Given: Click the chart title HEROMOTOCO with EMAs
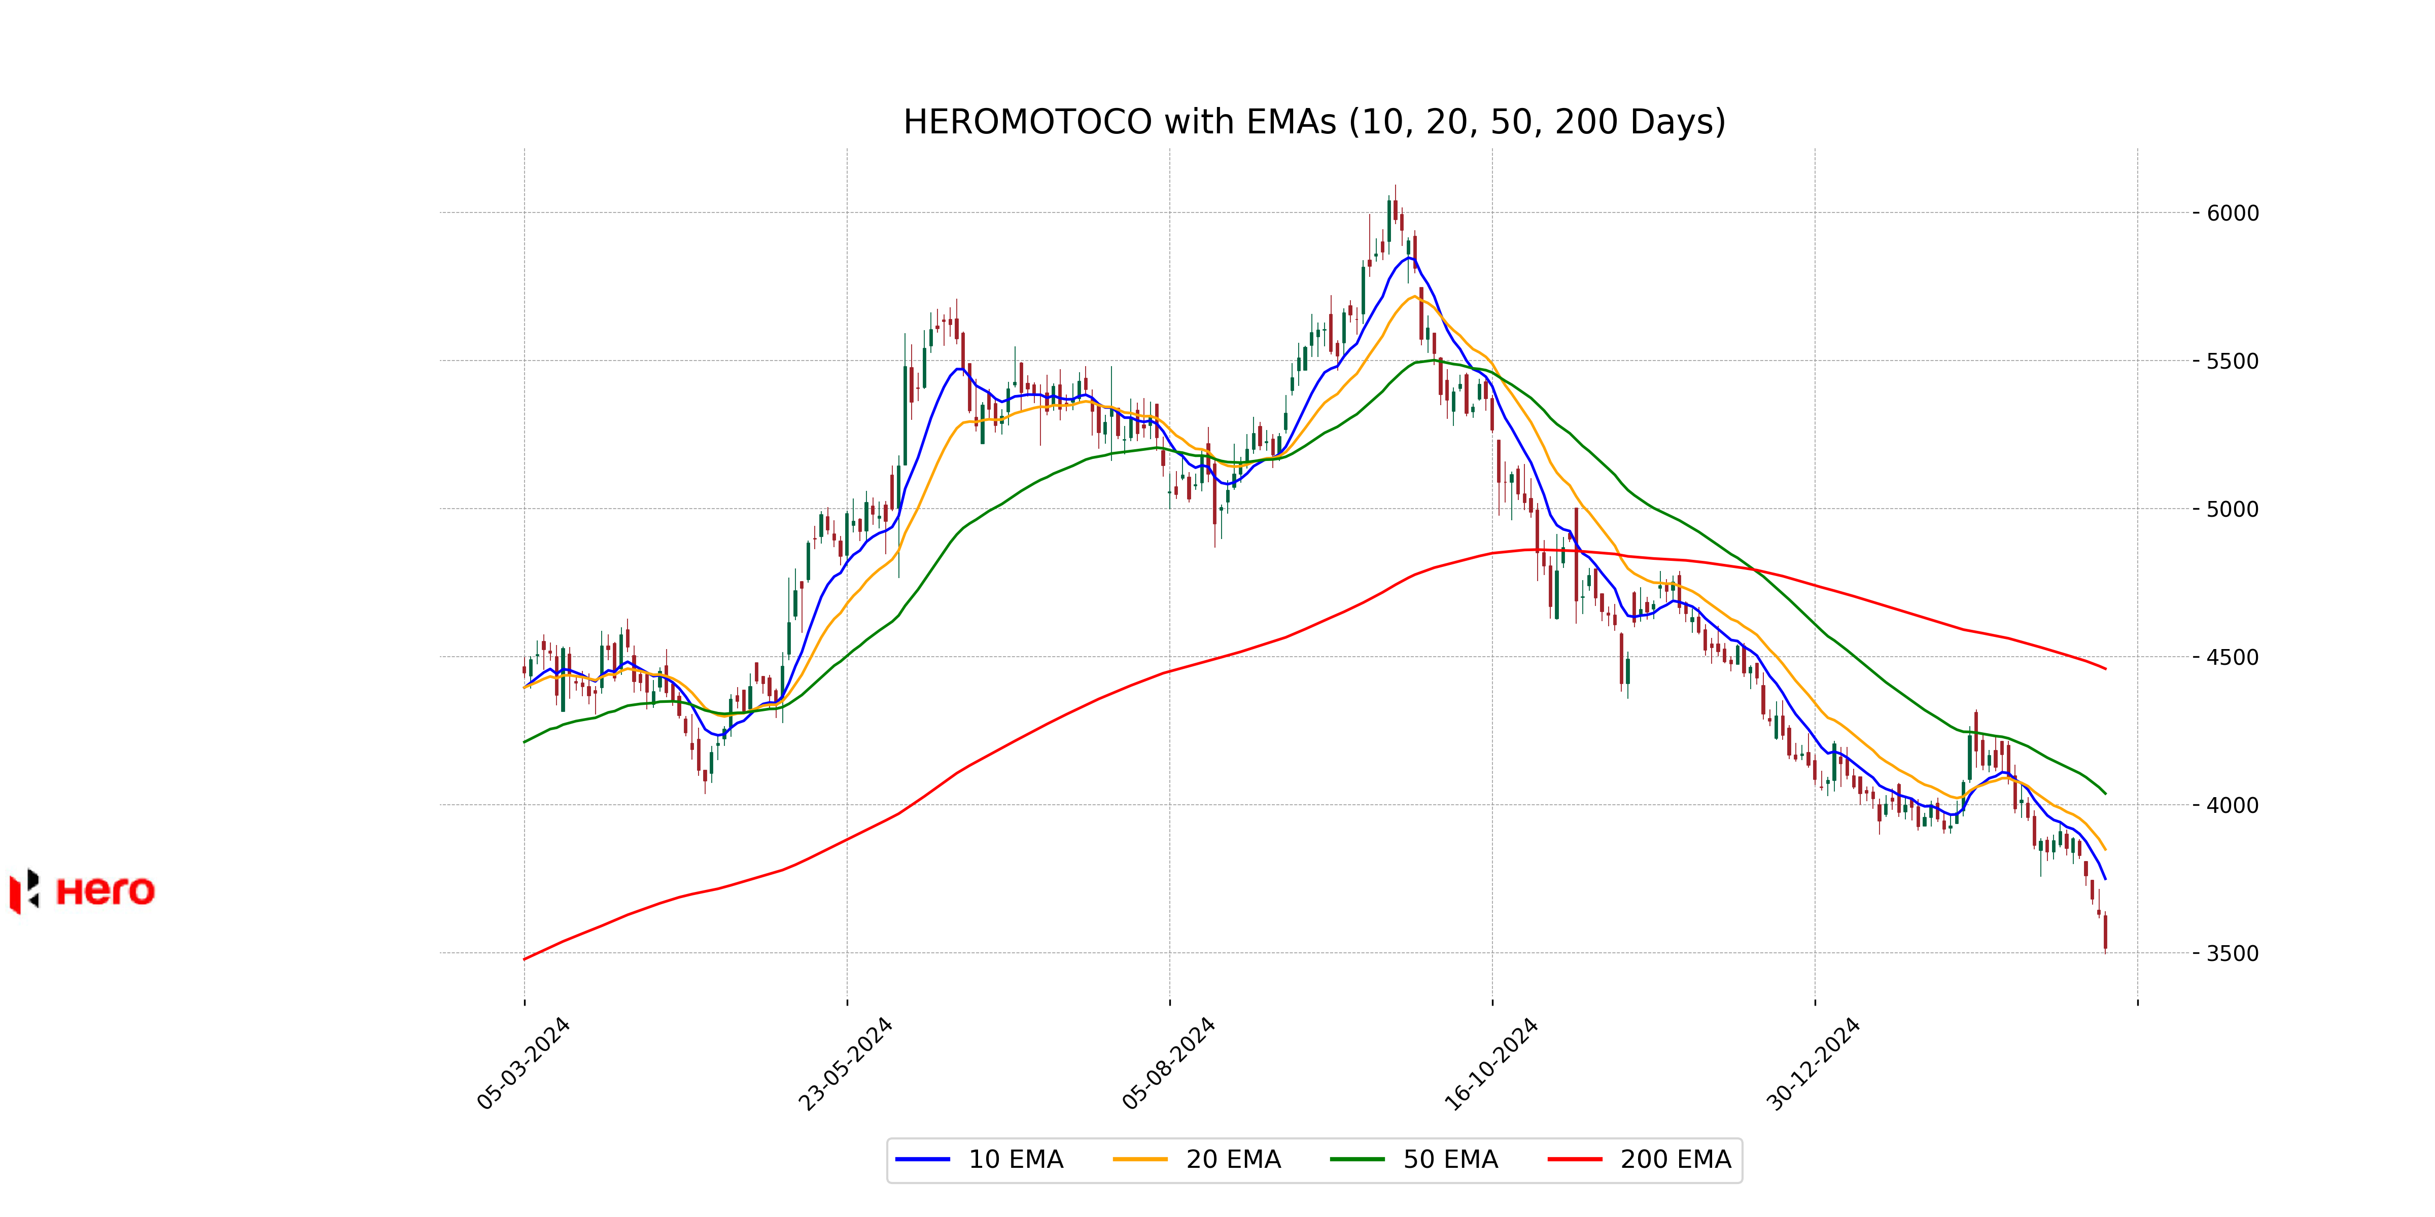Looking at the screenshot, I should click(x=1314, y=122).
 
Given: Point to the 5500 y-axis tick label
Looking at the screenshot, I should click(x=2233, y=361).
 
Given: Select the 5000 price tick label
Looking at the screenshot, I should click(x=2233, y=509).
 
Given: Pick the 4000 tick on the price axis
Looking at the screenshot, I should click(x=2233, y=806).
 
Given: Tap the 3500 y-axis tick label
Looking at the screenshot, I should click(x=2233, y=953).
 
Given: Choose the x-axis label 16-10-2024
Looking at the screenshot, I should click(x=1491, y=1064).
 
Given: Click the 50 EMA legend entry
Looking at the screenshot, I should click(x=1414, y=1159).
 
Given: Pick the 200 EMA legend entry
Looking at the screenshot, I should click(x=1640, y=1159).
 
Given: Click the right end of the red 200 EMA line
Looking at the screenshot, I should click(x=2105, y=669).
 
